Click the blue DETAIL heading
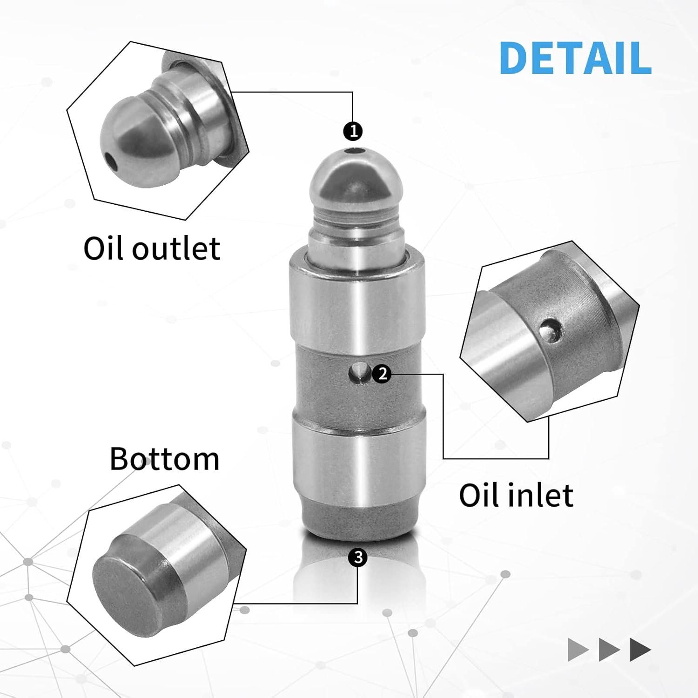tap(575, 58)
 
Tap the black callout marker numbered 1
tap(353, 131)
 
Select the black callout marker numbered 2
tap(383, 373)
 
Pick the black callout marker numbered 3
tap(357, 557)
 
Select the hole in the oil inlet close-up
tap(550, 329)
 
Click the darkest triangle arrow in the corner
tap(640, 650)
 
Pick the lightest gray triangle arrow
tap(578, 650)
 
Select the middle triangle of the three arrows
tap(609, 650)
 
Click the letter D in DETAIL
tap(515, 58)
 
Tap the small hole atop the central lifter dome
tap(356, 151)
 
